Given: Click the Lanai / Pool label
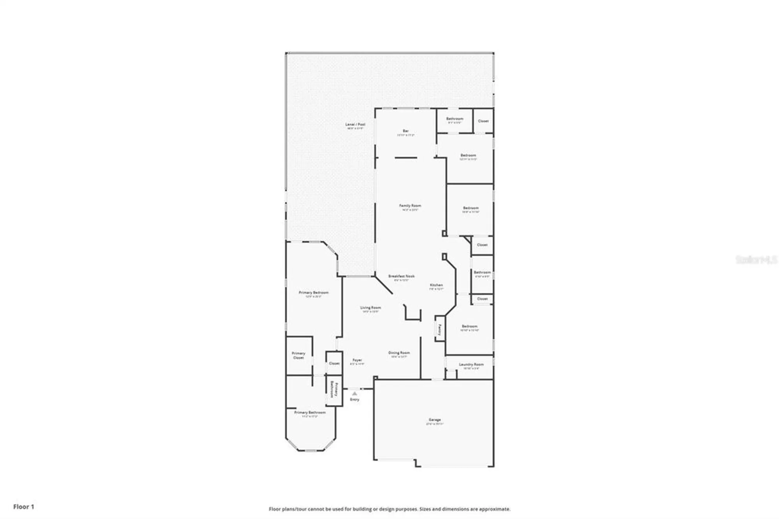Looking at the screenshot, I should [355, 125].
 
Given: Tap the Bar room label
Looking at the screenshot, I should [405, 131].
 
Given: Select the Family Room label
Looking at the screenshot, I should [410, 206].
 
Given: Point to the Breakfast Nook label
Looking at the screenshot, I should [401, 276].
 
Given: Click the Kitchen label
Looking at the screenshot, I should [436, 285].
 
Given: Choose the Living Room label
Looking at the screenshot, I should [370, 308].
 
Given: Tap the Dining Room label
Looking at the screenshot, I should [399, 353].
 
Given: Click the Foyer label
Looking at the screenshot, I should [357, 360].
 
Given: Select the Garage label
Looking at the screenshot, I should [435, 420].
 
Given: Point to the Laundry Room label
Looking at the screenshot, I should [471, 365].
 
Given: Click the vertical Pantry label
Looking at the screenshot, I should [440, 330].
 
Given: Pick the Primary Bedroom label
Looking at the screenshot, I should [314, 293].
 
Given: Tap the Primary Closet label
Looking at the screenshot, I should [299, 355].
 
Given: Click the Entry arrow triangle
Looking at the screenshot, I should [354, 394].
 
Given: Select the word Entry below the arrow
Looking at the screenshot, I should [354, 400].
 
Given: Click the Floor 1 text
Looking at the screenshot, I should [24, 507].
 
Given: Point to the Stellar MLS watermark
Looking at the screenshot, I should [756, 259].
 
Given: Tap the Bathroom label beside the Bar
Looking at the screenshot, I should [455, 119].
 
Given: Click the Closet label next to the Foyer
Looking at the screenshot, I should [334, 363].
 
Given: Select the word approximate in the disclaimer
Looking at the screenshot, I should [494, 509].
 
